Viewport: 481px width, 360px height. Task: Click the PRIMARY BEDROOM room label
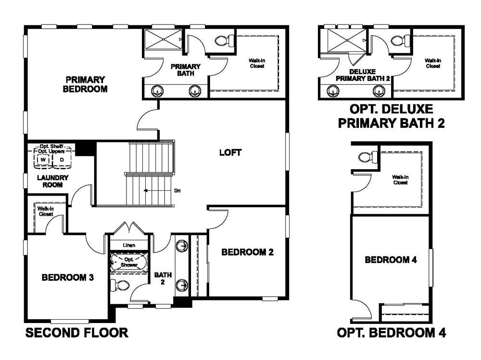click(85, 84)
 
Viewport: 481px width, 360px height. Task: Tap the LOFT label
click(230, 152)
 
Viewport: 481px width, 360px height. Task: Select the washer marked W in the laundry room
click(43, 160)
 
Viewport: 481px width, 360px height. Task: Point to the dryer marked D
click(62, 160)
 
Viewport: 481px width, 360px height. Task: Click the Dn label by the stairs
click(177, 191)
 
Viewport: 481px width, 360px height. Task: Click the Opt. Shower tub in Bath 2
click(129, 262)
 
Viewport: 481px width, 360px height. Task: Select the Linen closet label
click(129, 245)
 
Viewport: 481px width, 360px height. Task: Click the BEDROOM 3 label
click(68, 277)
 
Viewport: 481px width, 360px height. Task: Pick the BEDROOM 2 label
click(248, 252)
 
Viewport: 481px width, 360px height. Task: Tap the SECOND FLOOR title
click(76, 333)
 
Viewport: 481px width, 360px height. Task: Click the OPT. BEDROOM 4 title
click(392, 333)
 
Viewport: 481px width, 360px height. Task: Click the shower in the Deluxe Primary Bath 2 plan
click(347, 40)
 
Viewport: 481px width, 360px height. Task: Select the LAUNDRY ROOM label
click(52, 181)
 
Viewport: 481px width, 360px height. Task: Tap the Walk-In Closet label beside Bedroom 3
click(46, 211)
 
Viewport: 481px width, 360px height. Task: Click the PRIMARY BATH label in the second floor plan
click(186, 70)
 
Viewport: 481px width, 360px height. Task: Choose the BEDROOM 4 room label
click(391, 260)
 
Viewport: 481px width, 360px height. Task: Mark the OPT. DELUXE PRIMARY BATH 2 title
click(392, 116)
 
